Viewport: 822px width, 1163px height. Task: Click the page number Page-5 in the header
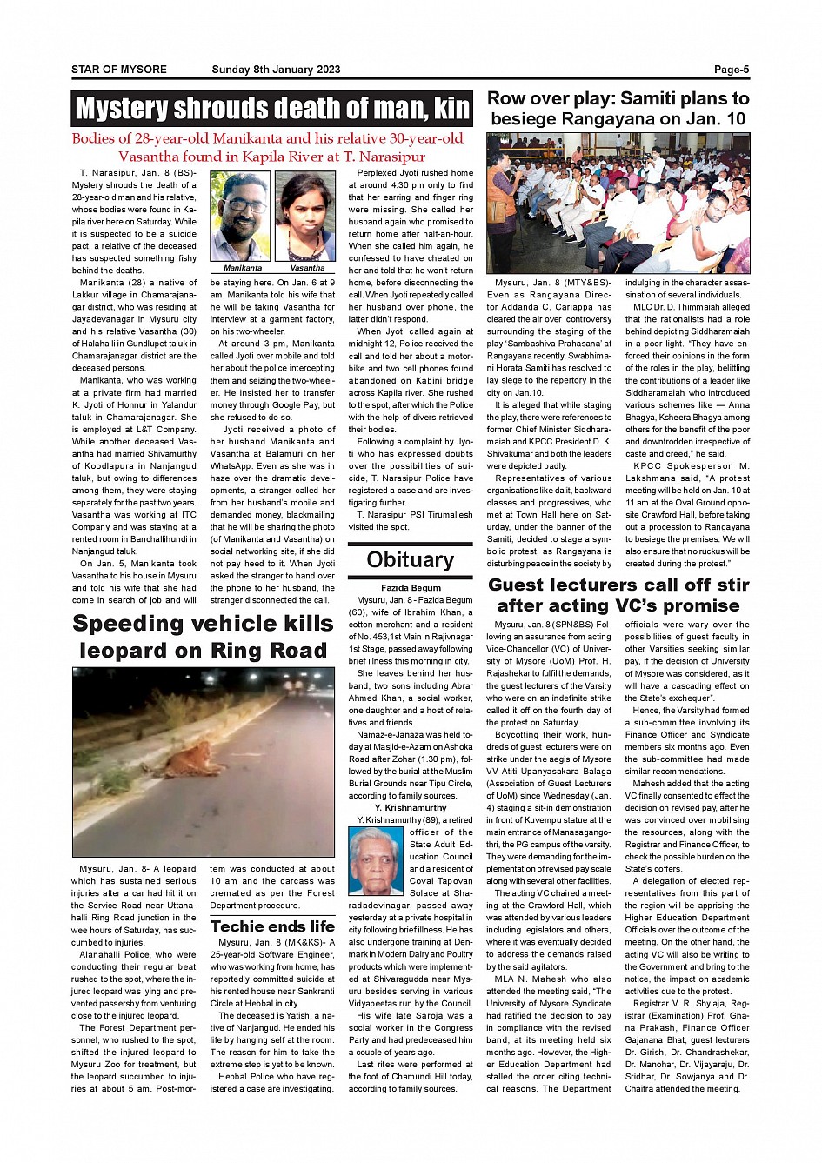point(731,70)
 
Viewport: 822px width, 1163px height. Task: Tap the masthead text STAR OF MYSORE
point(119,70)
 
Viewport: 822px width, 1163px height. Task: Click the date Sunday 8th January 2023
point(276,70)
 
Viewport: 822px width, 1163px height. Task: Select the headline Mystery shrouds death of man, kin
point(272,109)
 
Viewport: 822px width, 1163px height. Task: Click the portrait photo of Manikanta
point(241,217)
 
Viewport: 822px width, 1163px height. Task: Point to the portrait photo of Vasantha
point(305,217)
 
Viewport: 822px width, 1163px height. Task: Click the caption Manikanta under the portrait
point(243,268)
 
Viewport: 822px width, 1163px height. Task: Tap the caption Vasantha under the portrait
point(307,268)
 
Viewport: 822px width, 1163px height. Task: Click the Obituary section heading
point(411,560)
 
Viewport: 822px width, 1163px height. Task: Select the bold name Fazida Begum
point(411,588)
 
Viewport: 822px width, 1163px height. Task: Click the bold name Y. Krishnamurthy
point(411,808)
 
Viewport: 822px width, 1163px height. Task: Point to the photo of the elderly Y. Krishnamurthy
point(376,861)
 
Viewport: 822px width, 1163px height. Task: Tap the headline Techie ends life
point(272,926)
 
